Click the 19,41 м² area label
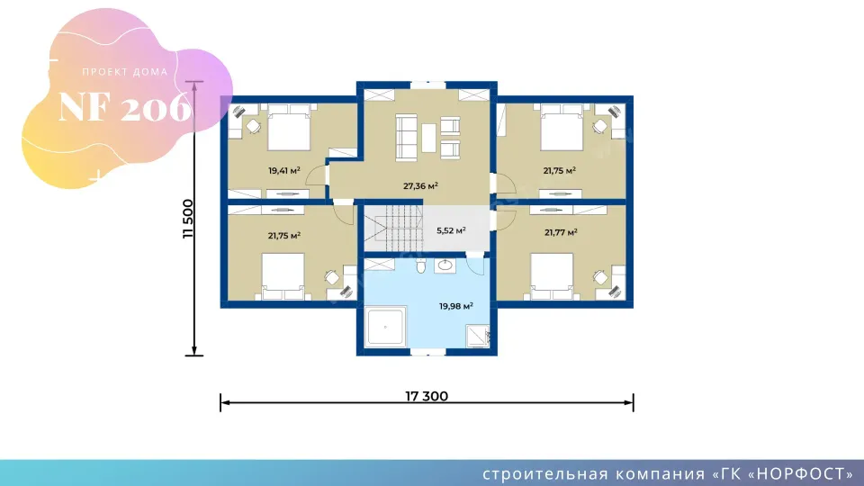point(284,171)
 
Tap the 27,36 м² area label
point(420,186)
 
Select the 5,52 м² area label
point(451,230)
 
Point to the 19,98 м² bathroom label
point(456,306)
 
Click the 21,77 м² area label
point(561,232)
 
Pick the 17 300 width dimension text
point(427,396)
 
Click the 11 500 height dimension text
point(188,219)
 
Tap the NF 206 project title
point(124,107)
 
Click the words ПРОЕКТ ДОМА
point(125,72)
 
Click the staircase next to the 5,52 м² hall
point(393,228)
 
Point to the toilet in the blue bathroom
point(421,266)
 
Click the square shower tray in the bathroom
point(385,327)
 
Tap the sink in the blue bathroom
point(444,266)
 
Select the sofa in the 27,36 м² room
point(406,138)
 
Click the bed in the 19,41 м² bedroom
point(289,127)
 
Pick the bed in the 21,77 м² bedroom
point(552,276)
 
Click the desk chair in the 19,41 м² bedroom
point(253,127)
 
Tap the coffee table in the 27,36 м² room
point(428,138)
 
